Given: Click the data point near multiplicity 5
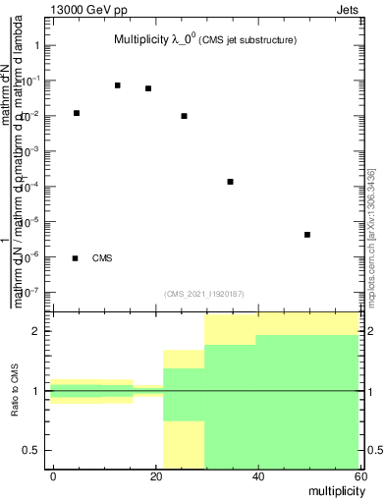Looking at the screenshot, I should click(77, 113).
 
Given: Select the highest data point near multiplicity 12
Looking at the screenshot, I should click(118, 85).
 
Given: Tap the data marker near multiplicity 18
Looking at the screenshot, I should click(148, 88).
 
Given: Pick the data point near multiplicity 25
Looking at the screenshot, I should click(184, 116).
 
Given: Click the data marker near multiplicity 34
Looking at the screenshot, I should click(230, 182).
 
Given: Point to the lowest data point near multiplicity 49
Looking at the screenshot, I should click(307, 235).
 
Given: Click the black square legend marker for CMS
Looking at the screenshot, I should click(76, 258).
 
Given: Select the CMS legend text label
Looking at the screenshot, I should click(102, 258).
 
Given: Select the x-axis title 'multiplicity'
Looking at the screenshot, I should click(334, 488).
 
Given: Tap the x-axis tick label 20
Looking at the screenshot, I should click(155, 475).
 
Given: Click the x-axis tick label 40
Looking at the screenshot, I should click(257, 475).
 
